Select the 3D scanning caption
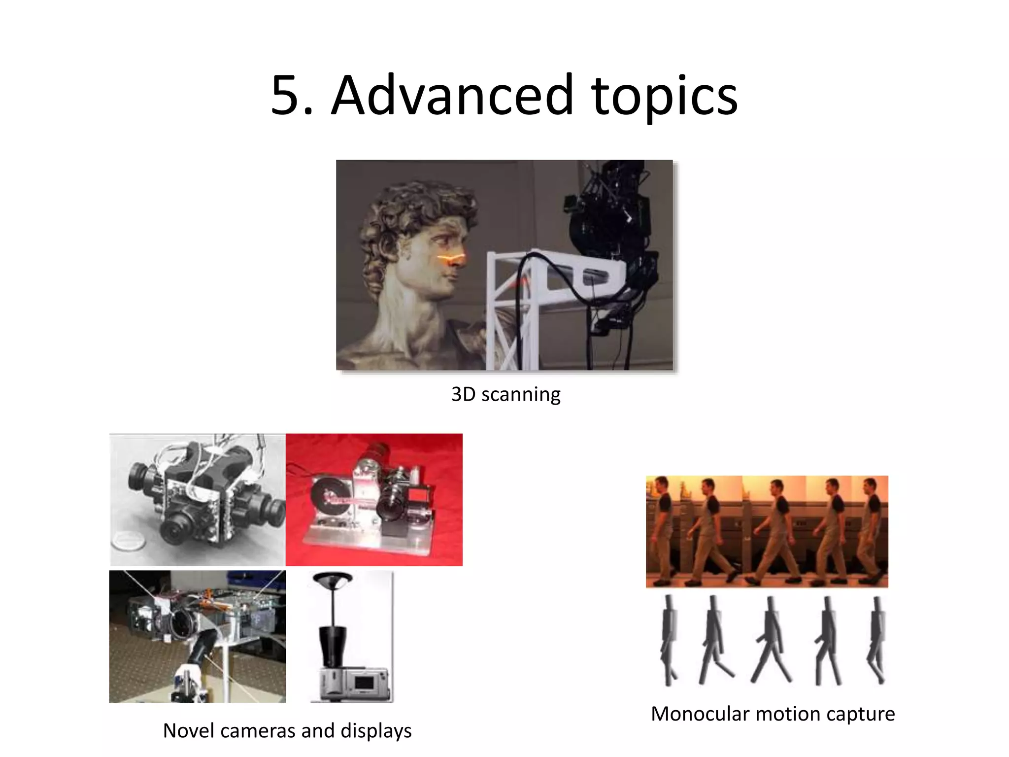point(505,394)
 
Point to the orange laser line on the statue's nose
point(451,259)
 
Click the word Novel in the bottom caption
point(189,731)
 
